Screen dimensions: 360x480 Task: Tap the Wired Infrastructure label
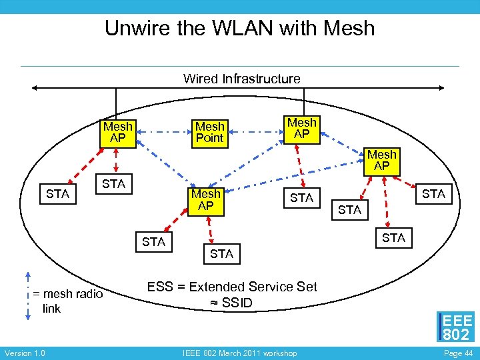241,79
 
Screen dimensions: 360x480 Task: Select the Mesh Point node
210,132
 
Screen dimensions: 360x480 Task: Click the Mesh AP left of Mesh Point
118,132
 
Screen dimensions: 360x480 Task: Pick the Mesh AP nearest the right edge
382,161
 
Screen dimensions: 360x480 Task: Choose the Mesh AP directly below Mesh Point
206,201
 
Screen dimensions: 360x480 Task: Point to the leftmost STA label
58,194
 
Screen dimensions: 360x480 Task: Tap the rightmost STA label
433,193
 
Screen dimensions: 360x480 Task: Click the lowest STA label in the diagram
221,254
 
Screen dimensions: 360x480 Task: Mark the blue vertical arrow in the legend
27,297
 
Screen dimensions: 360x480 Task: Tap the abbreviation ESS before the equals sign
160,287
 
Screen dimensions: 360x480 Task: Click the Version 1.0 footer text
25,353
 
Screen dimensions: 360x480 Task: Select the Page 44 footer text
457,353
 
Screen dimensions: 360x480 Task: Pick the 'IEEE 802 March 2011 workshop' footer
239,353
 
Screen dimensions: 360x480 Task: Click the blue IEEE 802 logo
456,327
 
